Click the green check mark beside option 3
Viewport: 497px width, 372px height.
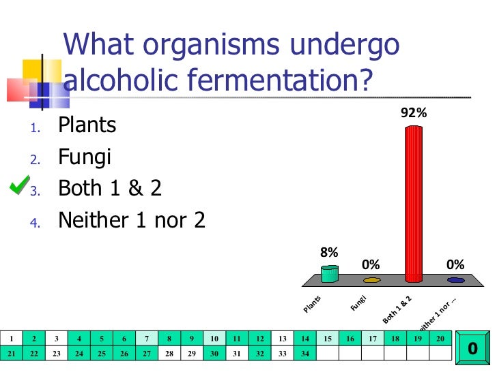click(x=19, y=185)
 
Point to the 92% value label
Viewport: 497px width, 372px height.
click(x=414, y=114)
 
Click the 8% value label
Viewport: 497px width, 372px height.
click(x=329, y=252)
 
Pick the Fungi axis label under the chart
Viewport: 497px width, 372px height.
click(x=359, y=303)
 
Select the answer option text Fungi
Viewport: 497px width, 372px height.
click(x=85, y=157)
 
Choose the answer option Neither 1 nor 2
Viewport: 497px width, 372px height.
click(x=132, y=220)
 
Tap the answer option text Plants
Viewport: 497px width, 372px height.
click(x=87, y=125)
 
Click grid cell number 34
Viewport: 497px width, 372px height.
click(x=305, y=353)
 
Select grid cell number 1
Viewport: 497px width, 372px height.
click(x=12, y=338)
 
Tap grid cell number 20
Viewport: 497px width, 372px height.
click(x=440, y=338)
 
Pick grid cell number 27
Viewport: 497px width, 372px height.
click(x=147, y=353)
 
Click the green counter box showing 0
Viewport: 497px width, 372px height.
click(x=472, y=348)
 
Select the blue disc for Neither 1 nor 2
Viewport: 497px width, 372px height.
click(x=456, y=279)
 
